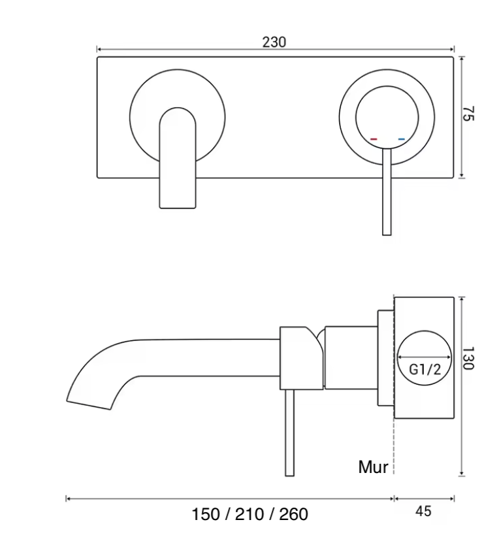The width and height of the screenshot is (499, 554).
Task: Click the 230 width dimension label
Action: (274, 42)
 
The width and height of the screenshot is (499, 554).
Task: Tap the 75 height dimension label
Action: (468, 113)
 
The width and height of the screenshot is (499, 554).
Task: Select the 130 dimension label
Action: (468, 358)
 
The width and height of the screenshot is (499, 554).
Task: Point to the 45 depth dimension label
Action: (423, 511)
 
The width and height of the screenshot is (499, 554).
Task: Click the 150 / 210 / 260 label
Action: (249, 514)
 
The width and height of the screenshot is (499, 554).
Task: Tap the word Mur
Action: (373, 466)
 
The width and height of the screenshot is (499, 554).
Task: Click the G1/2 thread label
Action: (425, 370)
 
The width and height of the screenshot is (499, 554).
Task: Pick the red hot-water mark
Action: (374, 139)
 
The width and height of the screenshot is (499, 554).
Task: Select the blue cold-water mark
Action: (401, 139)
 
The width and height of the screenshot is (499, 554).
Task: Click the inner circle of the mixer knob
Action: (387, 86)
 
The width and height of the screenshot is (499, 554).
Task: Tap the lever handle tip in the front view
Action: (387, 235)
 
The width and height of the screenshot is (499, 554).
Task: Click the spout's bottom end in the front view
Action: (178, 208)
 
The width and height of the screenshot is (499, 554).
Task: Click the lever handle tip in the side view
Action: (289, 476)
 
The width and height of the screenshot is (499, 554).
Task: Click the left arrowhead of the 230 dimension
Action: (99, 49)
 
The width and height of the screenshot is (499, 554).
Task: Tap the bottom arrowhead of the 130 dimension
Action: (462, 474)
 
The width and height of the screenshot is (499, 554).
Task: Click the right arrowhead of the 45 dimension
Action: (452, 499)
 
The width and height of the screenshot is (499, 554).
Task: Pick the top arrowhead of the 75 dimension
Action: (462, 59)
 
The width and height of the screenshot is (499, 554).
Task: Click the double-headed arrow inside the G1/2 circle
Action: (425, 357)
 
